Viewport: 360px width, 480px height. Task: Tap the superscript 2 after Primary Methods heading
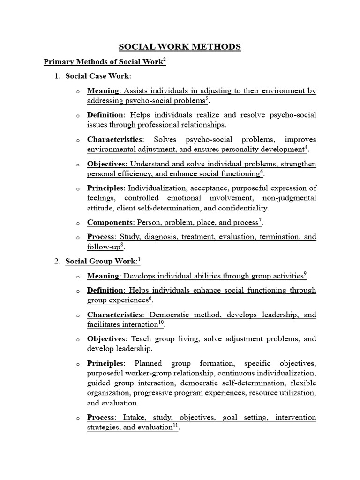point(165,60)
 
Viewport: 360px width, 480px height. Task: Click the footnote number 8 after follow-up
point(122,245)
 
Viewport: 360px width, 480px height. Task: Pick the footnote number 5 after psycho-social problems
point(207,98)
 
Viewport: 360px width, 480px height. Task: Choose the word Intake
point(133,417)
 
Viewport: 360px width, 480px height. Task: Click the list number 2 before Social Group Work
point(57,261)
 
